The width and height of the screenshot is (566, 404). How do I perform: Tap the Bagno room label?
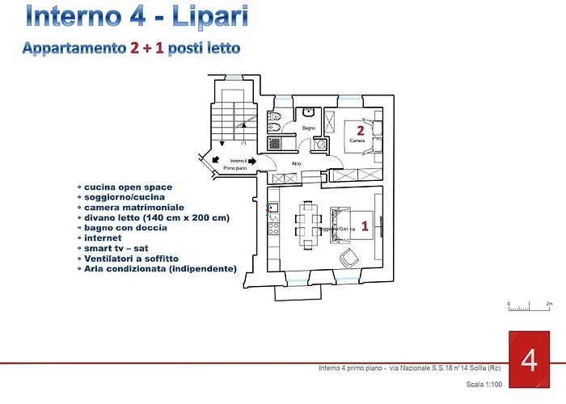[x=308, y=128]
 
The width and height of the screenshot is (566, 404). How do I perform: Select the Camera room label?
[x=357, y=141]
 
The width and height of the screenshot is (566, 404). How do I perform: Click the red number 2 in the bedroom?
[x=360, y=128]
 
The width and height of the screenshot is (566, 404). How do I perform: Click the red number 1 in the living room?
[x=365, y=227]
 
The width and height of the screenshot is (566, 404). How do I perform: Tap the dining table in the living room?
[x=306, y=221]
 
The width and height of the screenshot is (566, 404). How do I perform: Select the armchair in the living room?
[x=350, y=258]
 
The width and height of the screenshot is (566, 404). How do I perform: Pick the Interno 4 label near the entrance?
[x=239, y=161]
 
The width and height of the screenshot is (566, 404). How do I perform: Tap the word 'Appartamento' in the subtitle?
[x=74, y=48]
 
